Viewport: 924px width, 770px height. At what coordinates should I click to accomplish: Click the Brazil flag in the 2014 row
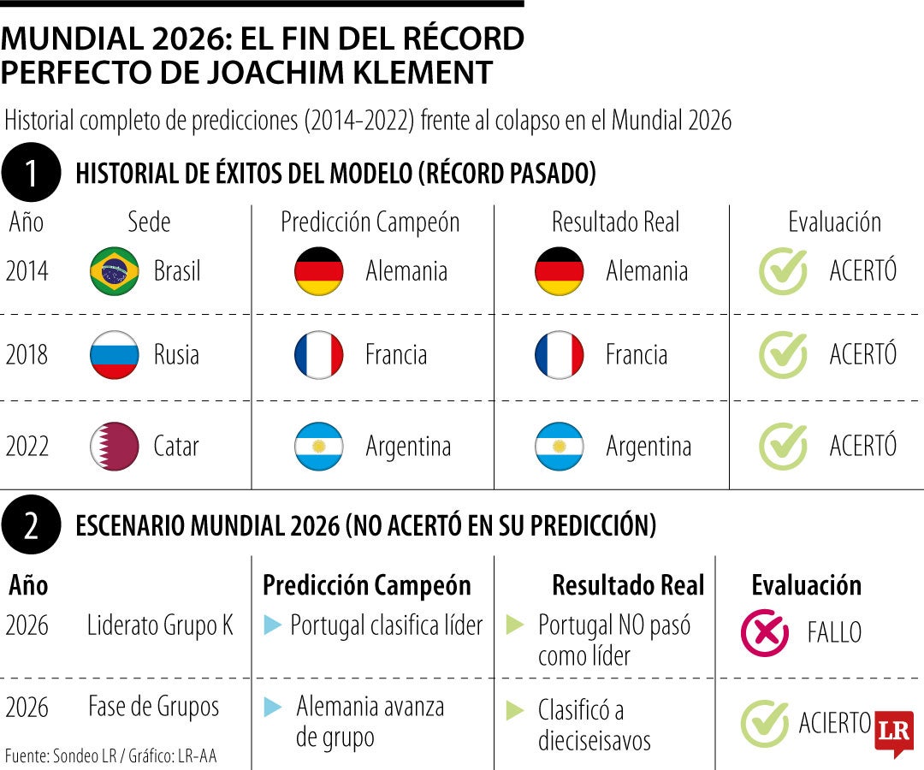coord(115,271)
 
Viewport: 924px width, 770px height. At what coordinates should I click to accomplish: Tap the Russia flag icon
coord(115,355)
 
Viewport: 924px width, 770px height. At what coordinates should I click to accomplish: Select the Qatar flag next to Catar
coord(115,446)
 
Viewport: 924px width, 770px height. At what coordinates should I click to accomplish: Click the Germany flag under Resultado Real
coord(560,271)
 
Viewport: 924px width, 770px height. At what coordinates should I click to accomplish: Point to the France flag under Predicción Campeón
coord(319,355)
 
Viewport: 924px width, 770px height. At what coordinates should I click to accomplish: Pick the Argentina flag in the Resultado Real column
coord(560,446)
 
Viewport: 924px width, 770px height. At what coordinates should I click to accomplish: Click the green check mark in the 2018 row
coord(783,354)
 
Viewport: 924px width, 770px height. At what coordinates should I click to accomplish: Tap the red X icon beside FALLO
coord(765,633)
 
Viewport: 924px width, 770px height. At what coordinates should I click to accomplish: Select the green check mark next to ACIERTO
coord(765,723)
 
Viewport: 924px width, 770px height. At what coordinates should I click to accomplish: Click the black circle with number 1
coord(32,172)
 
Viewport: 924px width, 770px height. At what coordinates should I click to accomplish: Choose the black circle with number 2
coord(32,524)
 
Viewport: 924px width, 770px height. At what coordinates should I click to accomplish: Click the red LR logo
coord(895,733)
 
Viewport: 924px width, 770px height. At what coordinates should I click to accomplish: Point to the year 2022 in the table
coord(27,446)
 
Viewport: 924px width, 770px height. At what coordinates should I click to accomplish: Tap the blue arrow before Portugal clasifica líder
coord(272,625)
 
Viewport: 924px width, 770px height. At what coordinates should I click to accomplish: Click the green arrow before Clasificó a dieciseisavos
coord(515,710)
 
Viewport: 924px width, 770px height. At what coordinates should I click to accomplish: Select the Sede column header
coord(149,222)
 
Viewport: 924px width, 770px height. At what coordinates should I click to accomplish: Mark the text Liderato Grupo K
coord(160,625)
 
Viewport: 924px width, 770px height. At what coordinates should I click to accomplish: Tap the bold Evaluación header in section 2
coord(806,585)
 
